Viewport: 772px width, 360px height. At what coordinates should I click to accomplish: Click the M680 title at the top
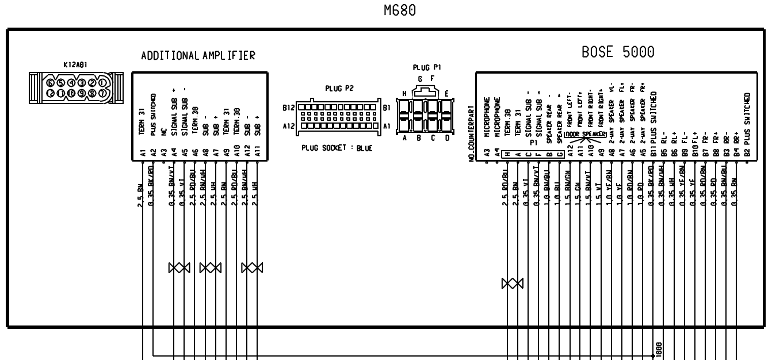coord(399,10)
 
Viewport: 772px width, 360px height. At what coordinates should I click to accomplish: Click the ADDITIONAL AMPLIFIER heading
coord(198,56)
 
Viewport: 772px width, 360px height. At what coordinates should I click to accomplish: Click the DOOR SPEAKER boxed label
coord(587,134)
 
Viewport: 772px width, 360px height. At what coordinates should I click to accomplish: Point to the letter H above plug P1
coord(405,93)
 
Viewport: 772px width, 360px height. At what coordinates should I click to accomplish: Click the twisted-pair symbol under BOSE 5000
coord(512,284)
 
